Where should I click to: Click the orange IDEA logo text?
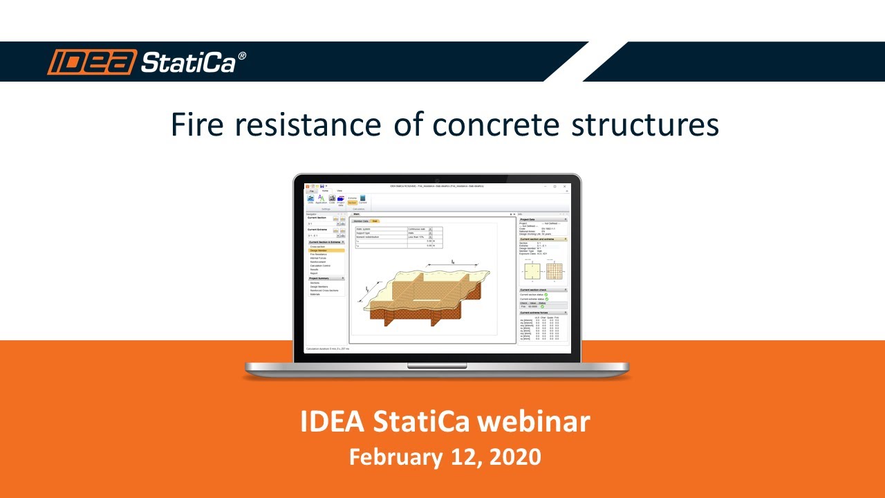[x=91, y=62]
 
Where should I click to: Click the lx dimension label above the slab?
[x=453, y=261]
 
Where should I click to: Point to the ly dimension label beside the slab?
[x=367, y=289]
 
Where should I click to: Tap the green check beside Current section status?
[x=546, y=295]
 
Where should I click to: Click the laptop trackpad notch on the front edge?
[x=436, y=365]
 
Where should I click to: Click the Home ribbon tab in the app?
[x=324, y=190]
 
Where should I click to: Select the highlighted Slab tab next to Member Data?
[x=374, y=221]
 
